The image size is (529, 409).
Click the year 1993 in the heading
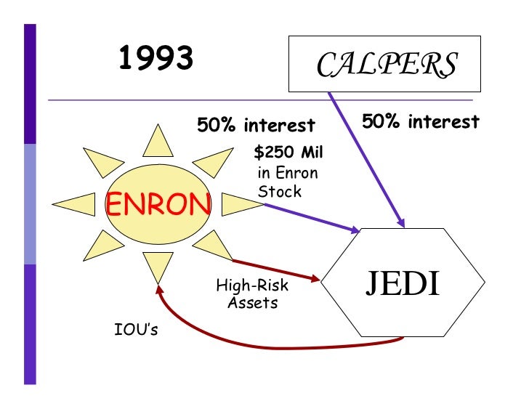point(156,59)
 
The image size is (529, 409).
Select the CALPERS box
point(386,65)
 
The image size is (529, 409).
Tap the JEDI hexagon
point(403,283)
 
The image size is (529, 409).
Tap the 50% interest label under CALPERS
point(421,121)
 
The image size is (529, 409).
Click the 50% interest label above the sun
point(257,125)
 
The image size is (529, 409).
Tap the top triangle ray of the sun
point(157,142)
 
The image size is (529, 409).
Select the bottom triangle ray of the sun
point(157,267)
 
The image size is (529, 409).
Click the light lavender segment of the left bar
point(30,203)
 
